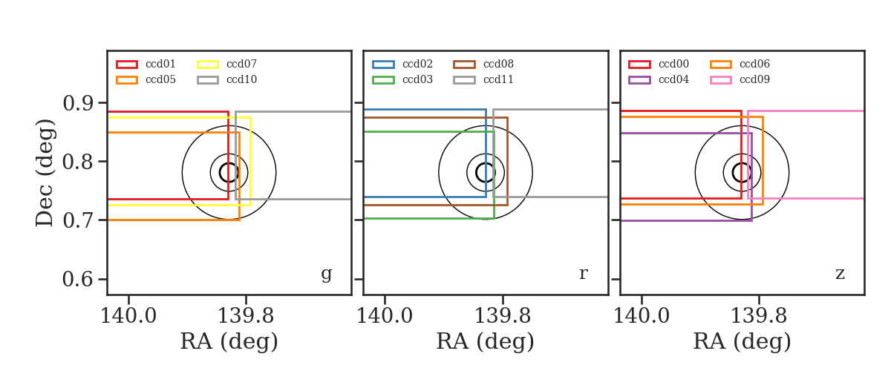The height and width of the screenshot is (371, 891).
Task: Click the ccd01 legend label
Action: point(160,64)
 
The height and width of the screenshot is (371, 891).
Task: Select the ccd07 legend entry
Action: point(241,64)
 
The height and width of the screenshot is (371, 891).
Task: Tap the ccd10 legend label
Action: point(241,79)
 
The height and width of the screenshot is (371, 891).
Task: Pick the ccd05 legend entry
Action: point(160,79)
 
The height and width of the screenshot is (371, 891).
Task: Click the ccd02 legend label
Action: point(417,64)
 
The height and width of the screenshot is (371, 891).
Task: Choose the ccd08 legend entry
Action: point(498,64)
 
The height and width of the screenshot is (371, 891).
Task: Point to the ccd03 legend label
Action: point(417,79)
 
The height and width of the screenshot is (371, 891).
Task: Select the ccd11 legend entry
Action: point(498,79)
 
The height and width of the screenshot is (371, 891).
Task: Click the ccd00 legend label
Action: point(673,64)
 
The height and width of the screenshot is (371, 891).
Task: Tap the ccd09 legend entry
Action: point(754,79)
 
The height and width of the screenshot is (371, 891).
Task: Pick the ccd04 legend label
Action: point(673,79)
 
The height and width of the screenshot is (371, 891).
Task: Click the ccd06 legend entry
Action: point(754,64)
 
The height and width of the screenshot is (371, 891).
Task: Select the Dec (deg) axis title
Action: point(44,173)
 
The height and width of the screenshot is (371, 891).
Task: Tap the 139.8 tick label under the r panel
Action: point(503,316)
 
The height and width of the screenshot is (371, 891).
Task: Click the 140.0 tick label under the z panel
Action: point(642,316)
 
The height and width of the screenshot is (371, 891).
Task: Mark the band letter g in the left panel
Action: point(326,275)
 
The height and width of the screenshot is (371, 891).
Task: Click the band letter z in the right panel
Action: point(840,274)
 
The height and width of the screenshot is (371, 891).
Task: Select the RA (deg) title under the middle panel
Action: point(486,341)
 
